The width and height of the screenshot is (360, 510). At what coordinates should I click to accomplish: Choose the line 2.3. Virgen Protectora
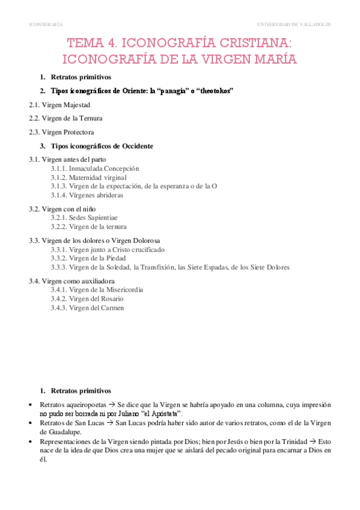point(61,132)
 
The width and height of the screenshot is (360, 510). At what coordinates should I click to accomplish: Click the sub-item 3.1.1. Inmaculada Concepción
point(95,168)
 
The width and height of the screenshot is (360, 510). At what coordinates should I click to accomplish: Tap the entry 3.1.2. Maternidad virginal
point(88,177)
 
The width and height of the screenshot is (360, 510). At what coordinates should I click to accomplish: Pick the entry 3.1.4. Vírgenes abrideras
point(87,195)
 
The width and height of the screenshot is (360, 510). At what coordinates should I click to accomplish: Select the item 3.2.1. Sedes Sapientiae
point(84,218)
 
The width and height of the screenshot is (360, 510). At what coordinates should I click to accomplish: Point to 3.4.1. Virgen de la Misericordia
point(97,289)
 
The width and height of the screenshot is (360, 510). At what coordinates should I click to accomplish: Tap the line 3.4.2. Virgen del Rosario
point(87,298)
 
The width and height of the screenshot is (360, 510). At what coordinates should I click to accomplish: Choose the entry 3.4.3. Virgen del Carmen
point(87,307)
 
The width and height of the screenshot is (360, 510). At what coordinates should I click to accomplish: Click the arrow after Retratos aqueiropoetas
point(112,405)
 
